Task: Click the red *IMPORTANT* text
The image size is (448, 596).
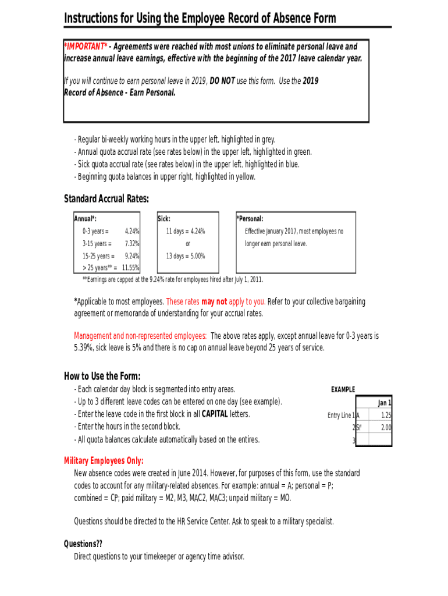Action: (86, 47)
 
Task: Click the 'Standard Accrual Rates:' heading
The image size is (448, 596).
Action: (106, 199)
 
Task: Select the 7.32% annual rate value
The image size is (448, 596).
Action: (132, 243)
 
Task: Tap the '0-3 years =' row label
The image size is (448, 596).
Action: (95, 231)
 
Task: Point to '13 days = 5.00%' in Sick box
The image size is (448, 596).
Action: (185, 256)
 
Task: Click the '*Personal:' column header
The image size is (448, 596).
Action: (250, 219)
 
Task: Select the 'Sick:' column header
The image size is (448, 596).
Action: (164, 219)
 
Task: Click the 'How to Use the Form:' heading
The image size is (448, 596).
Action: (102, 376)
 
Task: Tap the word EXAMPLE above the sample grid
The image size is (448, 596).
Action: (343, 389)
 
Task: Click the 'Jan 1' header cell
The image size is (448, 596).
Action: (385, 403)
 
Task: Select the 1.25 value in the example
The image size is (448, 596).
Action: (386, 416)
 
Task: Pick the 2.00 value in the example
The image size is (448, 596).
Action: (386, 428)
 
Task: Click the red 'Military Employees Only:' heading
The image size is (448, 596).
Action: (104, 461)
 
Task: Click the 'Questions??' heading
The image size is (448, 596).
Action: (83, 544)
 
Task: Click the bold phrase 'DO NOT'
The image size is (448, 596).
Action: (222, 81)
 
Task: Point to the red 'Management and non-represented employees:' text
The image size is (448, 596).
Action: (140, 336)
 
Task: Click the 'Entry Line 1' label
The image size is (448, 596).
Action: (341, 416)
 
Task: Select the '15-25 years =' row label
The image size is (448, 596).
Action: (98, 256)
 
